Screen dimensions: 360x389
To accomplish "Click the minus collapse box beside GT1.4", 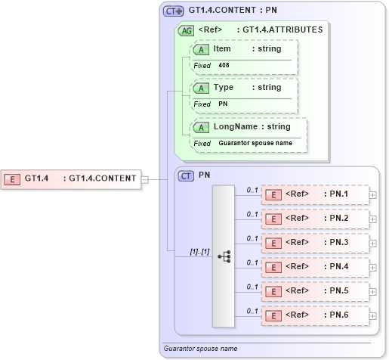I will point(145,179).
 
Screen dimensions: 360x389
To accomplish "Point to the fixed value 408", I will point(224,66).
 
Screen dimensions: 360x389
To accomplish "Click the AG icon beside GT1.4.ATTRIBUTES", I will point(186,30).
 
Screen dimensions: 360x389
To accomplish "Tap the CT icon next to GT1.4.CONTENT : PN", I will point(174,11).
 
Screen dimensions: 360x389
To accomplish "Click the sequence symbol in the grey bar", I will point(224,256).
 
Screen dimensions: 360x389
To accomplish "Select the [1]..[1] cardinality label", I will point(179,251).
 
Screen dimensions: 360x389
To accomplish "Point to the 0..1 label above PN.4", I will point(253,262).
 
